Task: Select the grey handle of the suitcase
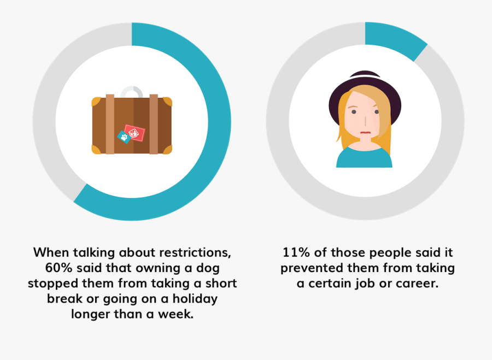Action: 131,91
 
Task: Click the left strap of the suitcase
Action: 110,125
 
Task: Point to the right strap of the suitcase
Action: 154,125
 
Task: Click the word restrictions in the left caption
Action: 195,253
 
